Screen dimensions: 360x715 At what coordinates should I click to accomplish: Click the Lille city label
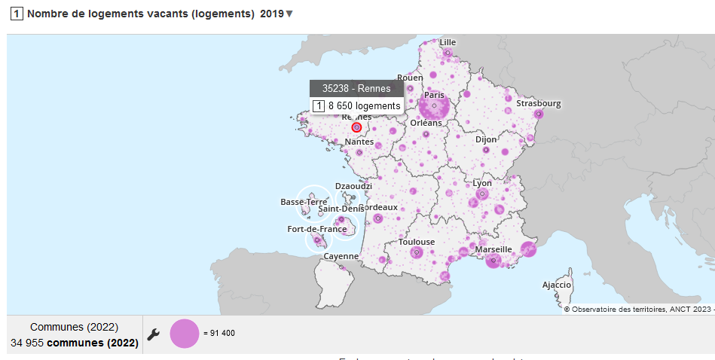tap(448, 42)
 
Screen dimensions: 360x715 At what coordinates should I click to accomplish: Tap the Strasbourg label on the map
tap(538, 103)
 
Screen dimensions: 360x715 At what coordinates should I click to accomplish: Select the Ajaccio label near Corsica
tap(557, 285)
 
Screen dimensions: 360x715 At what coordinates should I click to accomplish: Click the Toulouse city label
tap(417, 242)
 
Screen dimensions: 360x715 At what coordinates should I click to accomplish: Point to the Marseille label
tap(493, 249)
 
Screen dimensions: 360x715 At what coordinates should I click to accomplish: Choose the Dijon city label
tap(486, 139)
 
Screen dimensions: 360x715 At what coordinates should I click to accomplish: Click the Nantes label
tap(359, 142)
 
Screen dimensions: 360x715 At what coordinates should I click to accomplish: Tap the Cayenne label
tap(341, 256)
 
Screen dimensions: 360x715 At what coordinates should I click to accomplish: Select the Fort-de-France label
tap(317, 229)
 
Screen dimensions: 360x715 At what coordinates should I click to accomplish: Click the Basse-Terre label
tap(304, 202)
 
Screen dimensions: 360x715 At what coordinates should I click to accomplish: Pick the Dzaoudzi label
tap(353, 186)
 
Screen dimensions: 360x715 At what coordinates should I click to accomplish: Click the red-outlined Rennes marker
tap(356, 127)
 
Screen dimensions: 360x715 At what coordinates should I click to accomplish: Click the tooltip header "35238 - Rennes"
tap(356, 89)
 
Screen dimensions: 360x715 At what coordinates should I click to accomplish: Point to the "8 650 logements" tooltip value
tap(364, 106)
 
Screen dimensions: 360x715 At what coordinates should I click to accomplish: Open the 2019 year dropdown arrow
tap(289, 14)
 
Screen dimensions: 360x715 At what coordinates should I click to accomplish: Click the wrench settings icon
tap(153, 334)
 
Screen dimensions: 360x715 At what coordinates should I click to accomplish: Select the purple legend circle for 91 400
tap(185, 334)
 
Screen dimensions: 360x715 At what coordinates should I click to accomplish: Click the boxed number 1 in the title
tap(16, 14)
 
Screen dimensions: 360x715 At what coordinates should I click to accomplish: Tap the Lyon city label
tap(481, 183)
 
